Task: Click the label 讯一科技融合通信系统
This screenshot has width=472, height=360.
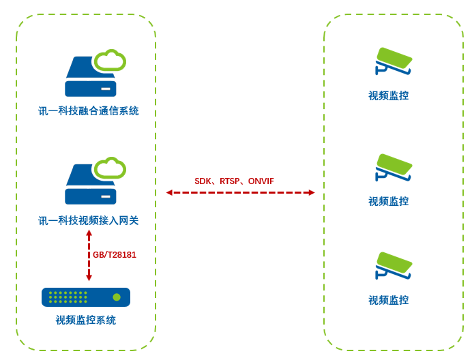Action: tap(89, 110)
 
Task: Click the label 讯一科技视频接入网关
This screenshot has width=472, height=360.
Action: tap(89, 220)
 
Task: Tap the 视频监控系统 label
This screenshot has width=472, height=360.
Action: tap(86, 320)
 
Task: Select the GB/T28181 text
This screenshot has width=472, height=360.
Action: tap(115, 255)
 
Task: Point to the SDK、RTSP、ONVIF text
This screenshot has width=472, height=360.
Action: tap(234, 181)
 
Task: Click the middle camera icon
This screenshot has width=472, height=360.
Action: tap(394, 168)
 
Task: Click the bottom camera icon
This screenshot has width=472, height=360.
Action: tap(394, 266)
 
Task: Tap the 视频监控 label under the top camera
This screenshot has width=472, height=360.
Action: tap(389, 95)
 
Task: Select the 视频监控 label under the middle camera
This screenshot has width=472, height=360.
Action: tap(389, 201)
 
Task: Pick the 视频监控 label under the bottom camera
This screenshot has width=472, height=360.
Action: tap(389, 300)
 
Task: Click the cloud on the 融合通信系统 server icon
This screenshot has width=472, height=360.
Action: tap(110, 61)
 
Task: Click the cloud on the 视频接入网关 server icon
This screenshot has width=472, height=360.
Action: tap(110, 168)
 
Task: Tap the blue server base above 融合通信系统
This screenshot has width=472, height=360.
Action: tap(90, 89)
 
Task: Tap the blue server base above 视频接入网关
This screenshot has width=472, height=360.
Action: tap(90, 196)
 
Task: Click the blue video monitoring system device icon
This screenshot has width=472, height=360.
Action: tap(86, 297)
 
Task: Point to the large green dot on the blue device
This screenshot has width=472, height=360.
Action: tap(117, 297)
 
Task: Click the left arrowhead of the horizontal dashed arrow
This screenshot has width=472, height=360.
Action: tap(169, 193)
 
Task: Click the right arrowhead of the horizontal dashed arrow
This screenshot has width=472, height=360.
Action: tap(312, 193)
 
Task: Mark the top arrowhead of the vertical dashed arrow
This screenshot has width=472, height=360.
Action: tap(89, 233)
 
